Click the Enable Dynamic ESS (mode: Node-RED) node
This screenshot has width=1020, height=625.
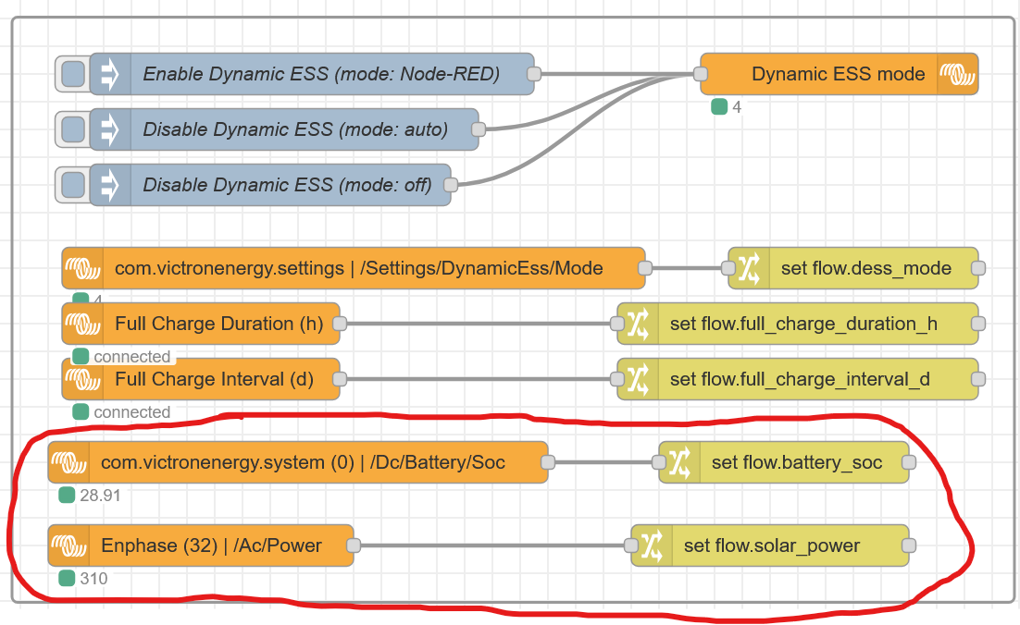312,74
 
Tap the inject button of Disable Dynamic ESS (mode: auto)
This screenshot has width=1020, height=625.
72,129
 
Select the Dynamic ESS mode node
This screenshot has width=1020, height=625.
840,74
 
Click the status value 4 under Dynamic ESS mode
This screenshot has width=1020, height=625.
737,107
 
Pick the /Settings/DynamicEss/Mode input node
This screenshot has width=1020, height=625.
354,268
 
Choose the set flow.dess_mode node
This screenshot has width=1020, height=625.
853,268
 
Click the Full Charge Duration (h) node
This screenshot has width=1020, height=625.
200,324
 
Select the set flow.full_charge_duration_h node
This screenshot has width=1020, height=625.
798,324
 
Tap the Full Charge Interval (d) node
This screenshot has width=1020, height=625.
200,379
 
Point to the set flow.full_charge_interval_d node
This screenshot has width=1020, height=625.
798,379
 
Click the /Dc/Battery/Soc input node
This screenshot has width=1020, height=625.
298,462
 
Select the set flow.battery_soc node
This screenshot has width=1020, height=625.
784,462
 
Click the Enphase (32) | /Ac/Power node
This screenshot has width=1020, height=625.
200,545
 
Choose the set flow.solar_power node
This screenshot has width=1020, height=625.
770,545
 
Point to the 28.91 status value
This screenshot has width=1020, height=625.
100,496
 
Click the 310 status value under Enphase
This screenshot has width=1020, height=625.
93,578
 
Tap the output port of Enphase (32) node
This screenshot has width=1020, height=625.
354,545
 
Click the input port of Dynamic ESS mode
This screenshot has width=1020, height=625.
701,74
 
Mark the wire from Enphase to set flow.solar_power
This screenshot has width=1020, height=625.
492,545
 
